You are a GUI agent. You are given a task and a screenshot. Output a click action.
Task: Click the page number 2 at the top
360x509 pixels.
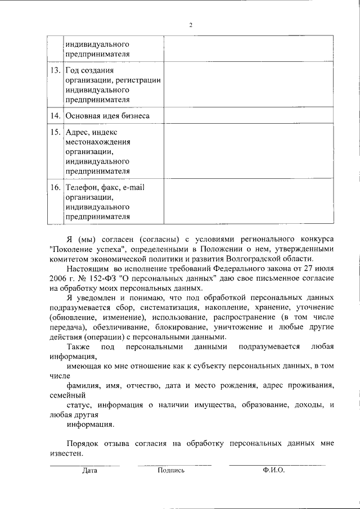click(x=191, y=25)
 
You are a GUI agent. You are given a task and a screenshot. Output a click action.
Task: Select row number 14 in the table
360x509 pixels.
click(x=55, y=116)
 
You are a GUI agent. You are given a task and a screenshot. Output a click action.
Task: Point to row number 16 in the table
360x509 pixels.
click(x=55, y=187)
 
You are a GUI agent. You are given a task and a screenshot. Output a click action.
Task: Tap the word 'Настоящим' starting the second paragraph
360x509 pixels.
click(x=85, y=268)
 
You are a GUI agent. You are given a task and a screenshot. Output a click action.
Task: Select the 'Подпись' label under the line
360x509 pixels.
click(x=172, y=471)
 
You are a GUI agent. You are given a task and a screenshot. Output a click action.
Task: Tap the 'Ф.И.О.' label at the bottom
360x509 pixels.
click(x=273, y=471)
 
